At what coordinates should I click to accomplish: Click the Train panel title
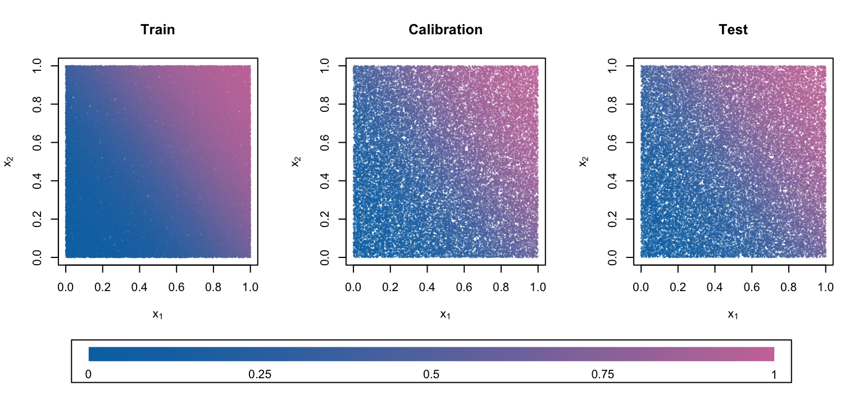158,30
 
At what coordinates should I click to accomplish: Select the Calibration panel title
446,30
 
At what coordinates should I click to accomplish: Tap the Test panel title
733,30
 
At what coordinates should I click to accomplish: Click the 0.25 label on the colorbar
260,374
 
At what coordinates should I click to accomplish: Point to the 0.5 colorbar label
431,374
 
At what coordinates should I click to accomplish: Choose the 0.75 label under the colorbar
603,374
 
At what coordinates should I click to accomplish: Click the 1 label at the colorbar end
774,374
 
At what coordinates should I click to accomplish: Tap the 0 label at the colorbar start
88,374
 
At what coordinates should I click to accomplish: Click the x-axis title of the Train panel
158,314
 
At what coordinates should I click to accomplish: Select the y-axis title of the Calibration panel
296,161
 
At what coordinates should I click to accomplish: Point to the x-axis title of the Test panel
733,314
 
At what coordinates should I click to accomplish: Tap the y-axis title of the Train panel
8,161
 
